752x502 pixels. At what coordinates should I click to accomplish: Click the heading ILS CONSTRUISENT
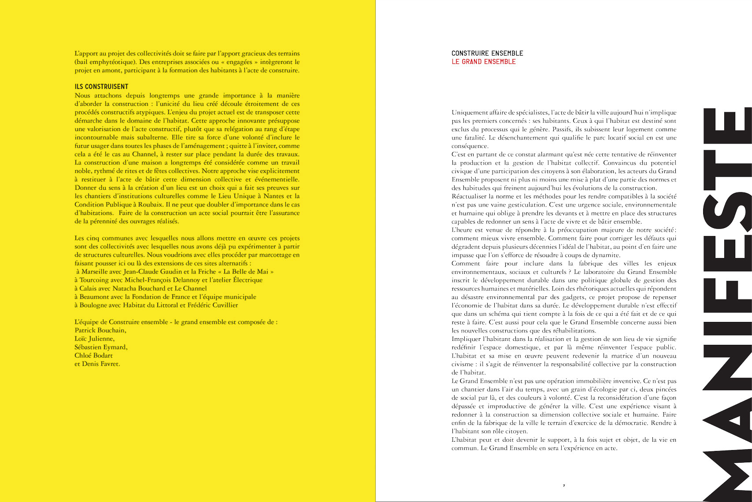click(x=101, y=87)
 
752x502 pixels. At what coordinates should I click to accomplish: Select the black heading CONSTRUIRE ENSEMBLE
click(x=487, y=53)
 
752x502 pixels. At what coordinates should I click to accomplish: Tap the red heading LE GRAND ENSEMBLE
click(x=483, y=62)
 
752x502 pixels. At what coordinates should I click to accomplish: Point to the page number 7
click(x=564, y=486)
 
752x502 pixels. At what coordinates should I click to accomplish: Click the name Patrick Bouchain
click(x=100, y=330)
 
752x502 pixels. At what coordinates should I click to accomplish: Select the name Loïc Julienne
click(x=94, y=339)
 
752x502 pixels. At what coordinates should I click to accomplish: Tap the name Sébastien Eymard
click(x=101, y=347)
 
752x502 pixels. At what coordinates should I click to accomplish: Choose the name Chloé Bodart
click(x=93, y=355)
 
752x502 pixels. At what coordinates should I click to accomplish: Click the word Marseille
click(x=96, y=272)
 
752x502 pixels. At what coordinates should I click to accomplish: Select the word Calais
click(x=89, y=288)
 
